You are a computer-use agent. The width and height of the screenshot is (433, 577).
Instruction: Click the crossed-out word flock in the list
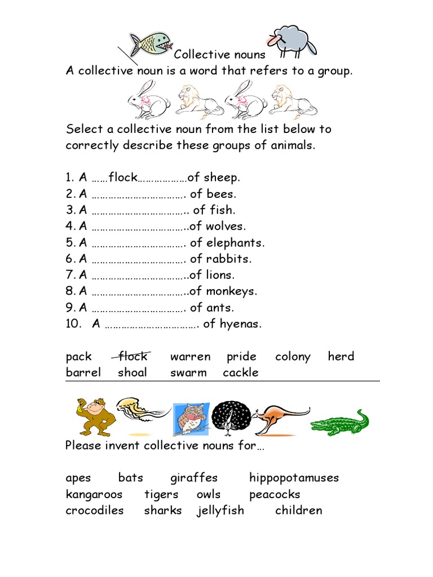(x=132, y=356)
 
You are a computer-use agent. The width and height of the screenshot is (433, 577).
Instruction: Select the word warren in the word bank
(x=190, y=357)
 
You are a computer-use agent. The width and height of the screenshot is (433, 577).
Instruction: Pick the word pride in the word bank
(x=241, y=357)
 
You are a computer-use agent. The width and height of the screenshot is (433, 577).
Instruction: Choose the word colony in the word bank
(x=293, y=357)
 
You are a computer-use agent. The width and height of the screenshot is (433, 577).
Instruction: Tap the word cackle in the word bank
(x=241, y=372)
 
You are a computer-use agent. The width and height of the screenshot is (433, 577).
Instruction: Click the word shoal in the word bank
(x=132, y=372)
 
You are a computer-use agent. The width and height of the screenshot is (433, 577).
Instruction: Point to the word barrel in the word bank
(x=83, y=372)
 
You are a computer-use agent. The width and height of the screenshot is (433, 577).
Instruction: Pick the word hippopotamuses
(x=294, y=478)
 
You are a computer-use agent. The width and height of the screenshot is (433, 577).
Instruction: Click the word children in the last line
(x=298, y=511)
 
